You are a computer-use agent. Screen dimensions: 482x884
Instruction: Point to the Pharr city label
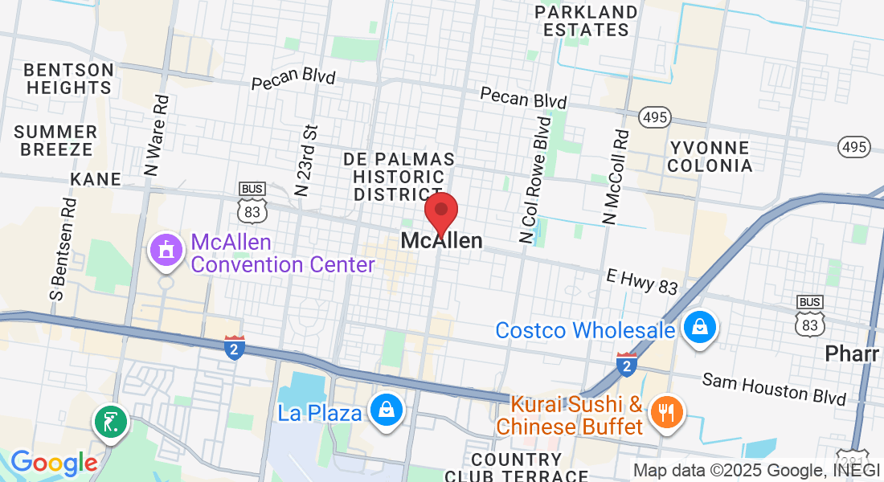(853, 354)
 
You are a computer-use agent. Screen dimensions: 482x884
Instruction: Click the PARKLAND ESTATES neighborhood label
(586, 21)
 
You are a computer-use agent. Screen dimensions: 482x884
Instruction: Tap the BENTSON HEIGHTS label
(69, 79)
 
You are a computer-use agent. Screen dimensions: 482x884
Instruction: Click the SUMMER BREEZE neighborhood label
(55, 140)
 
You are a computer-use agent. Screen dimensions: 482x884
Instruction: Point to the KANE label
(96, 178)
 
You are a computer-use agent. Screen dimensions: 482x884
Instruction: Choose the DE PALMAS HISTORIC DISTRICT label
(399, 176)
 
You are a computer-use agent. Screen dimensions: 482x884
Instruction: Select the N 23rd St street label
(307, 160)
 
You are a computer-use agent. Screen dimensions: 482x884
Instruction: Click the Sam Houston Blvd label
(774, 389)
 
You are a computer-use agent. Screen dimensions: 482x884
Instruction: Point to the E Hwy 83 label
(642, 281)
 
